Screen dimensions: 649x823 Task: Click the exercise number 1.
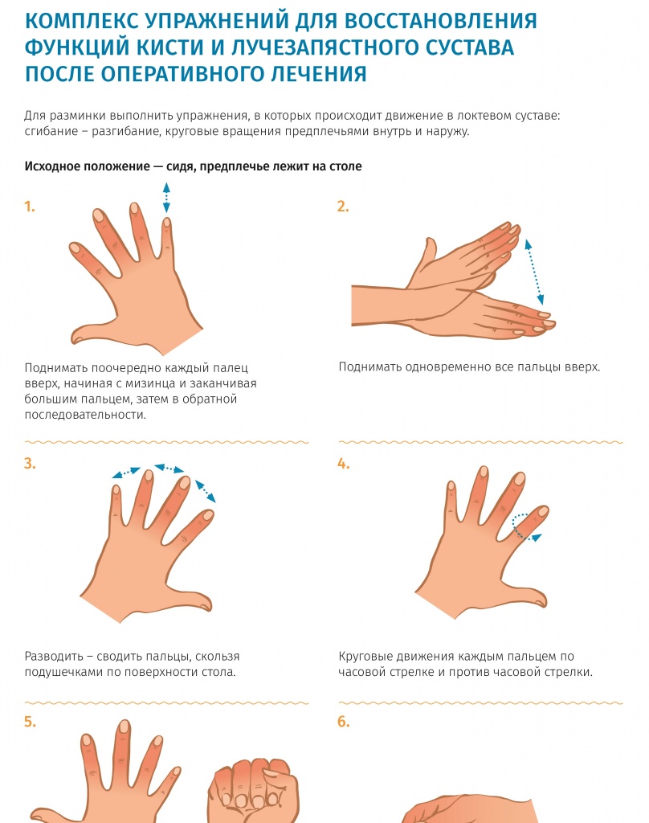click(x=30, y=207)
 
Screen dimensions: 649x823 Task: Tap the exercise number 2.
click(x=343, y=207)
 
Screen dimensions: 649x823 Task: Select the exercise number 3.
click(x=30, y=464)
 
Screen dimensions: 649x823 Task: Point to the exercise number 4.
click(x=343, y=464)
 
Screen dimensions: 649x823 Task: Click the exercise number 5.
click(x=30, y=722)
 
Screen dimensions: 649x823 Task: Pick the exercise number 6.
click(x=343, y=722)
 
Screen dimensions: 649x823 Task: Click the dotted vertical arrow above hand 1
click(x=166, y=198)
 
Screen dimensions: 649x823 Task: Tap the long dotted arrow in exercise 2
click(x=534, y=272)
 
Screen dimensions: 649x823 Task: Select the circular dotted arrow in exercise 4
click(x=524, y=527)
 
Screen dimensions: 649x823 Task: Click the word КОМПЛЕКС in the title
click(x=81, y=21)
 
